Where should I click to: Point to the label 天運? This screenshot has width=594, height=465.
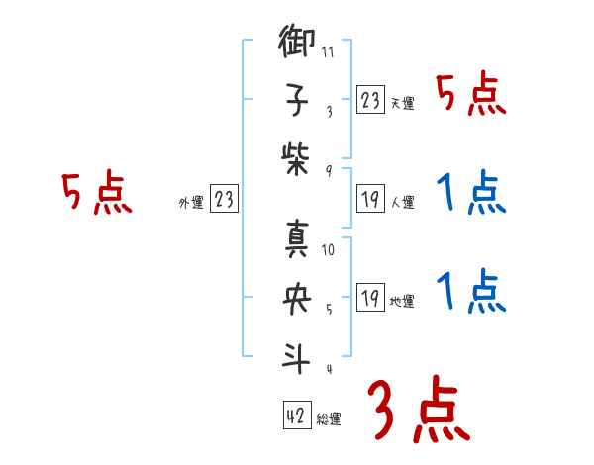[402, 103]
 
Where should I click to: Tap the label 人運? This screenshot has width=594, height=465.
[402, 202]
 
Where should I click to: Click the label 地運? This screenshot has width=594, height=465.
[402, 301]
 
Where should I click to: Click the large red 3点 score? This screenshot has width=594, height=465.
[420, 411]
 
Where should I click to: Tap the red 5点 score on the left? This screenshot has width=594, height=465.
[97, 193]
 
